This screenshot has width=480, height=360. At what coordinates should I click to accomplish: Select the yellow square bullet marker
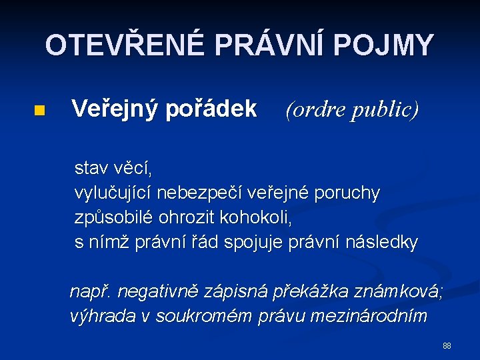[x=39, y=110]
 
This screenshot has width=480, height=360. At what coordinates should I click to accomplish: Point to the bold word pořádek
[x=215, y=109]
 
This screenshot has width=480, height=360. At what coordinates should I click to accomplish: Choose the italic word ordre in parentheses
[x=315, y=109]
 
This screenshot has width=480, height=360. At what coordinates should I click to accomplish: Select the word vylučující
[x=115, y=193]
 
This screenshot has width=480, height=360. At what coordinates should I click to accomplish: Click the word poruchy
[x=349, y=193]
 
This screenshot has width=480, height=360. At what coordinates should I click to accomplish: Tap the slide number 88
[x=447, y=346]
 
